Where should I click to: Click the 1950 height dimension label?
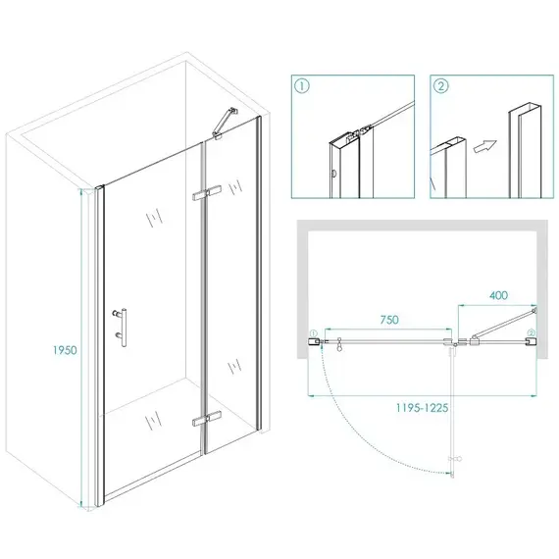[x=65, y=350]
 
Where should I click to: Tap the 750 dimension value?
[x=389, y=320]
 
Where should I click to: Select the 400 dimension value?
[x=498, y=295]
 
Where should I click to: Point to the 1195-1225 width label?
[x=422, y=408]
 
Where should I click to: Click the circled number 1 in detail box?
[x=302, y=86]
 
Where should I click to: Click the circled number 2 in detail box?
[x=441, y=86]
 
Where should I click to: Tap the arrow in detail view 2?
[x=485, y=146]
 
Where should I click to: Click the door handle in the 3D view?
[x=122, y=328]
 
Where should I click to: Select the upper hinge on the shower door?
[x=206, y=193]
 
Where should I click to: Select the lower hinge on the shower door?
[x=206, y=419]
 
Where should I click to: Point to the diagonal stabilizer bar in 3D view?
[x=225, y=123]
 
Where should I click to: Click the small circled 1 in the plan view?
[x=314, y=333]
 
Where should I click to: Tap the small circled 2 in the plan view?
[x=532, y=333]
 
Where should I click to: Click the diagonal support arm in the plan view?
[x=503, y=324]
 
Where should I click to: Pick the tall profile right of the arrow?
[x=525, y=150]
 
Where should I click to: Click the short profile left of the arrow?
[x=448, y=167]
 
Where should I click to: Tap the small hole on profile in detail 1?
[x=333, y=174]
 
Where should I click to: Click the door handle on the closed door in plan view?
[x=339, y=344]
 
